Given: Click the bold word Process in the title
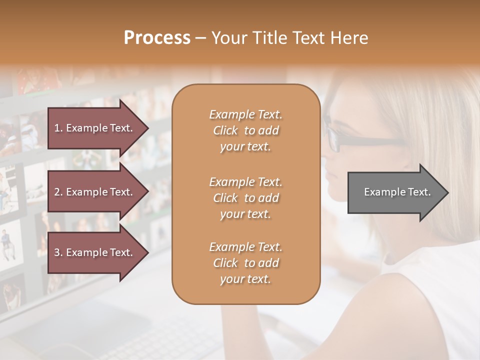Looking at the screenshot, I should pyautogui.click(x=157, y=38).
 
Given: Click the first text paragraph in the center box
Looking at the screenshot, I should pyautogui.click(x=245, y=130).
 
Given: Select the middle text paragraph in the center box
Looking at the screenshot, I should pyautogui.click(x=245, y=198).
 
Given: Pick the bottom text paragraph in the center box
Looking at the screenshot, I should pyautogui.click(x=245, y=263).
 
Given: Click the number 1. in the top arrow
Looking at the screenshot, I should pyautogui.click(x=58, y=128).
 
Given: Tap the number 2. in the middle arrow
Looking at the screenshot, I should pyautogui.click(x=58, y=192).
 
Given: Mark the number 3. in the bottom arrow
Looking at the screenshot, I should pyautogui.click(x=58, y=252).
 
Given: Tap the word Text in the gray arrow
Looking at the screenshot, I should pyautogui.click(x=419, y=192).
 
